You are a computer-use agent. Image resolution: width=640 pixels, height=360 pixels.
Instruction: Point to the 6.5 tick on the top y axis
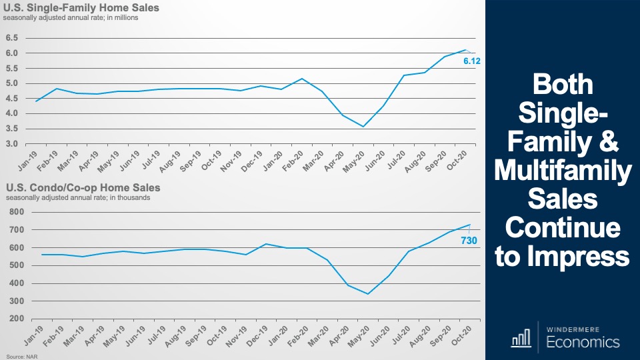pyautogui.click(x=11, y=38)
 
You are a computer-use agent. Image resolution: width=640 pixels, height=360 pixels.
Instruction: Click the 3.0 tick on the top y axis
pyautogui.click(x=11, y=144)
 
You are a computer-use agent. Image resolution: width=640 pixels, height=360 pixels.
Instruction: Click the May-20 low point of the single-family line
pyautogui.click(x=363, y=127)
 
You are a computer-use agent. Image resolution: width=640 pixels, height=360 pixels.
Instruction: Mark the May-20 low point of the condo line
pyautogui.click(x=367, y=294)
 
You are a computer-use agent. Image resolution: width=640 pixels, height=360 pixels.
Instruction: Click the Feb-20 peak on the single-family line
pyautogui.click(x=302, y=79)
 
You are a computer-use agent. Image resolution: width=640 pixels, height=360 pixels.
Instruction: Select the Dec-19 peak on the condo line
pyautogui.click(x=266, y=244)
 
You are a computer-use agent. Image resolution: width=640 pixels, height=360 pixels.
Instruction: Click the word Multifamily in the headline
pyautogui.click(x=563, y=172)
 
